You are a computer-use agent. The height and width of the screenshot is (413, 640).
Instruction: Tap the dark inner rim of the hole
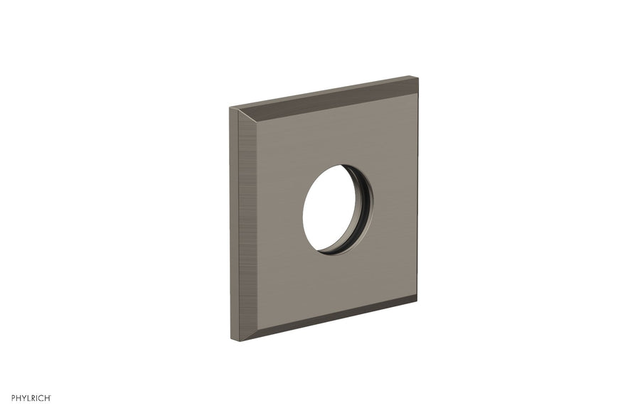(x=364, y=210)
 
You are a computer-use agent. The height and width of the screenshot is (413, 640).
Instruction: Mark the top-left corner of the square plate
(x=230, y=109)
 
